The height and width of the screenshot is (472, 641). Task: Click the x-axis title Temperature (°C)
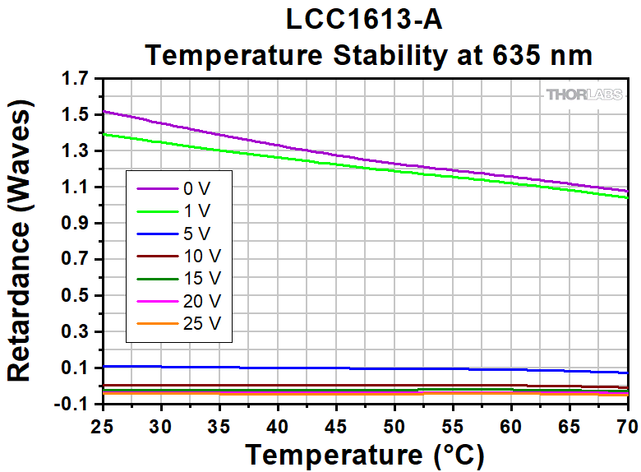click(365, 454)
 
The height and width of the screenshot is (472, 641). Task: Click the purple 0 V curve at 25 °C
click(104, 111)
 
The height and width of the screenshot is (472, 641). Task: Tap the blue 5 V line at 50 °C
click(394, 368)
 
